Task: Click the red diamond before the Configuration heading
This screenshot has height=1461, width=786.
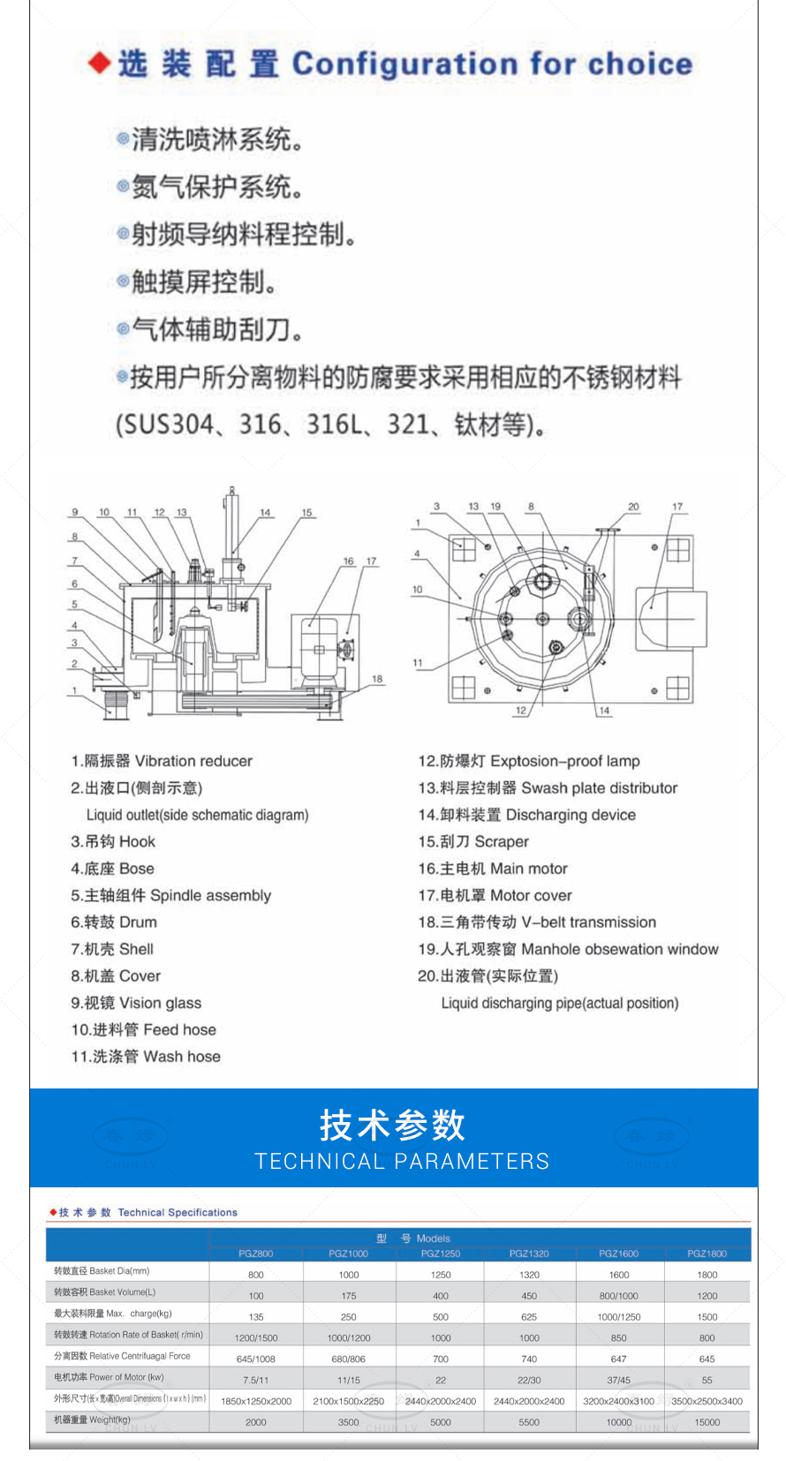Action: pyautogui.click(x=100, y=63)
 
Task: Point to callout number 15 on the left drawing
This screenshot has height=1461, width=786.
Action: pyautogui.click(x=306, y=513)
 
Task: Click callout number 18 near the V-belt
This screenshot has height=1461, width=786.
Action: pyautogui.click(x=377, y=679)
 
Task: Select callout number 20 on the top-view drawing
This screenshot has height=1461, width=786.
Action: pyautogui.click(x=633, y=507)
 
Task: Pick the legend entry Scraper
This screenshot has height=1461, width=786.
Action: pyautogui.click(x=502, y=841)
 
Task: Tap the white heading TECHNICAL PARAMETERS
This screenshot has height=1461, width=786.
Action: pyautogui.click(x=402, y=1161)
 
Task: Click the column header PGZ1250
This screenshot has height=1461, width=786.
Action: pyautogui.click(x=440, y=1254)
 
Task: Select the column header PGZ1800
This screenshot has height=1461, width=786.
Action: pyautogui.click(x=707, y=1254)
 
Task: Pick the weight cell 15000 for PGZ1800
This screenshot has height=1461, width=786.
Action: pyautogui.click(x=707, y=1422)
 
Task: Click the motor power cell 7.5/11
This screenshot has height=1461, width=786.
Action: pyautogui.click(x=256, y=1380)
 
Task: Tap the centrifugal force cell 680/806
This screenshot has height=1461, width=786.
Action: pyautogui.click(x=348, y=1359)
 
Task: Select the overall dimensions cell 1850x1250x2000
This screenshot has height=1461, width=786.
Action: pyautogui.click(x=256, y=1401)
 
